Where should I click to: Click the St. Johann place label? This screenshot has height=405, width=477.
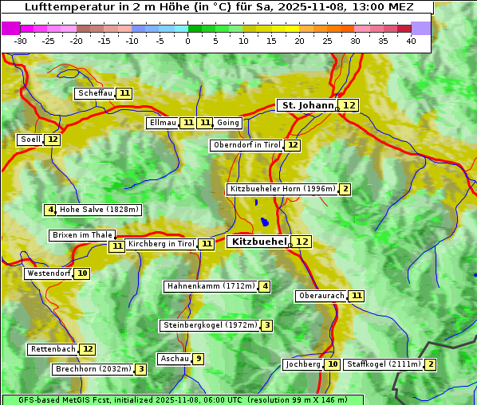307,105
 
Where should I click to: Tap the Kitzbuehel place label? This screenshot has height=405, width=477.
258,242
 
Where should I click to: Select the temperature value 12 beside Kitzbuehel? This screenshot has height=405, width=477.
302,242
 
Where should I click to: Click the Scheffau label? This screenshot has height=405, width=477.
95,93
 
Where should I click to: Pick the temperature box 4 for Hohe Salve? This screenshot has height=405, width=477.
50,210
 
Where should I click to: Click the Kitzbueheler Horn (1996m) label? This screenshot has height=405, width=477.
282,189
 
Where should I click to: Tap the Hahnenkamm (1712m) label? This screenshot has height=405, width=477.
211,286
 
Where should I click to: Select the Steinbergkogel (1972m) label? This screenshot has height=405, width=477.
210,325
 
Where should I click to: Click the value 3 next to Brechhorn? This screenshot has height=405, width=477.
140,369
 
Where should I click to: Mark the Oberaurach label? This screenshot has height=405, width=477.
321,296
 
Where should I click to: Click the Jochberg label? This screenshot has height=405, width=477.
302,364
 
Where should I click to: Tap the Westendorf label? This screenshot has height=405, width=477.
49,273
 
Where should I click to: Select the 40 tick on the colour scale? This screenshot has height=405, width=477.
411,41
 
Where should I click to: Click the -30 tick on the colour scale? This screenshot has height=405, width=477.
21,41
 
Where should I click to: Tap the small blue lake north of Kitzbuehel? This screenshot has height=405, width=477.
264,222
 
